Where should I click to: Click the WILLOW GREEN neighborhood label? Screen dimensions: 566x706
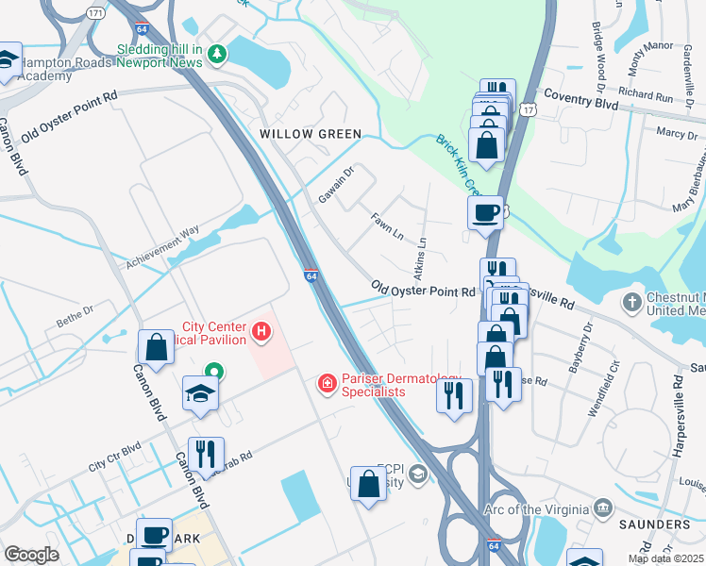tap(311, 134)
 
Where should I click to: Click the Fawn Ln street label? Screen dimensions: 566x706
tap(387, 226)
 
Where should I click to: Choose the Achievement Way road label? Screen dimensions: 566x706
tap(163, 241)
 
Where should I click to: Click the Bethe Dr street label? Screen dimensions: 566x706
tap(76, 308)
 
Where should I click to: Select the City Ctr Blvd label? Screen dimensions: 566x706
tap(114, 456)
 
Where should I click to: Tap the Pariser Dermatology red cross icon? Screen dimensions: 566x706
tap(327, 383)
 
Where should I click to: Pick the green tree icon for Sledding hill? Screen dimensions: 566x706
tap(218, 54)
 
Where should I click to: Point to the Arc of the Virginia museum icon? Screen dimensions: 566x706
tap(600, 509)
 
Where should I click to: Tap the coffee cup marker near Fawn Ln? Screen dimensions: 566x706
tap(485, 212)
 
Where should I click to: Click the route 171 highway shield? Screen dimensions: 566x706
tap(94, 13)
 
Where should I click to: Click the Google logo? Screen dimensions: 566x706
tap(32, 555)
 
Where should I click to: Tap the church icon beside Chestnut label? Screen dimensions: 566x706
tap(631, 303)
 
